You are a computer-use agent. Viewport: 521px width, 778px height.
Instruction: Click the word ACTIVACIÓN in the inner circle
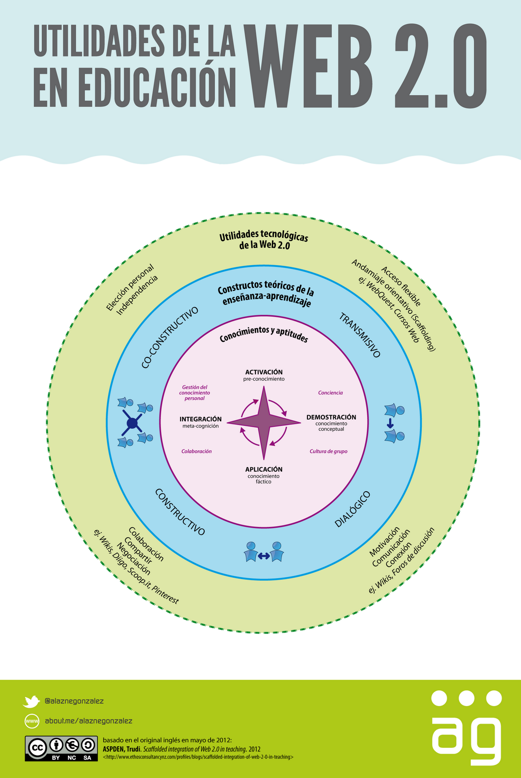coord(264,372)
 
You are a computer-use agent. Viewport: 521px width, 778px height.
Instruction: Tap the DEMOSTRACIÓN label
coord(331,417)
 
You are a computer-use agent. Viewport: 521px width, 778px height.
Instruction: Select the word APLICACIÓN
coord(264,469)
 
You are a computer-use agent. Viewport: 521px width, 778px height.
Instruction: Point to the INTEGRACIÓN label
coord(200,419)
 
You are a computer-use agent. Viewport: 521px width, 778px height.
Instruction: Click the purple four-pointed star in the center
coord(264,423)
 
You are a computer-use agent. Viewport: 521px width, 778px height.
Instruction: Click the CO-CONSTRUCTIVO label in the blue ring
coord(170,337)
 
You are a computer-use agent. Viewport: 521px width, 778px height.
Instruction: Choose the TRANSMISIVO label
coord(360,335)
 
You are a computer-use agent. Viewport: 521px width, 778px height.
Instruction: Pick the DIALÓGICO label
coord(352,509)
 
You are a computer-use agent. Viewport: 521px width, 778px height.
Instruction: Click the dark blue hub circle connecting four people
coord(132,424)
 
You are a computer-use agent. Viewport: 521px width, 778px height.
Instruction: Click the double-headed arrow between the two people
coord(264,556)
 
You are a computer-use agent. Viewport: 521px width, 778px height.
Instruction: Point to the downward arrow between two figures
coord(390,423)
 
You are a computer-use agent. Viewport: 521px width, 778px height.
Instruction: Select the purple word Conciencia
coord(330,393)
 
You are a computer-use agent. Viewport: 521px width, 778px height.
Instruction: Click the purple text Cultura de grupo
coord(328,451)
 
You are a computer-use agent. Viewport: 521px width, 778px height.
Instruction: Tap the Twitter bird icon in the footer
coord(31,701)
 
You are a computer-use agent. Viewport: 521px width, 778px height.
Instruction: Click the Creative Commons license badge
coord(61,748)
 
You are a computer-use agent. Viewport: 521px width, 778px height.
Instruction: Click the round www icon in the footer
coord(32,721)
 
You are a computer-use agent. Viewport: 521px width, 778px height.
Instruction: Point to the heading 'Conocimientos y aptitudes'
coord(264,334)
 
